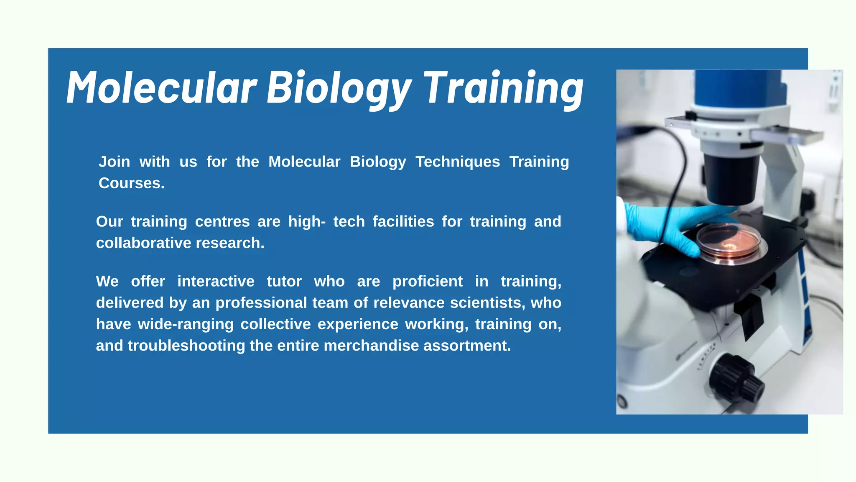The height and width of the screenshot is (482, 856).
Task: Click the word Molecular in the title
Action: tap(161, 88)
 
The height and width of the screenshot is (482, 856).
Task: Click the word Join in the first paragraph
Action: tap(114, 162)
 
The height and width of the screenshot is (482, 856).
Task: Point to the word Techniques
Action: tap(458, 162)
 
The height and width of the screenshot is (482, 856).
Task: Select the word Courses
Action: tap(131, 183)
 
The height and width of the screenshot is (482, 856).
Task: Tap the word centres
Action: tap(222, 222)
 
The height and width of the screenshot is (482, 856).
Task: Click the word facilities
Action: tap(403, 222)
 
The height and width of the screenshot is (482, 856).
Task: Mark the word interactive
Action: tap(216, 282)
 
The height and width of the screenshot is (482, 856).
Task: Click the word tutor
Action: tap(284, 282)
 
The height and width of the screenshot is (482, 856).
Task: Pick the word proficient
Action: tap(428, 282)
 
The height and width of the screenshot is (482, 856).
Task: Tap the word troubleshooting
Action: tap(186, 346)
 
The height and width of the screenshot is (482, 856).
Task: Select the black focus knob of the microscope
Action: tap(736, 379)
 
